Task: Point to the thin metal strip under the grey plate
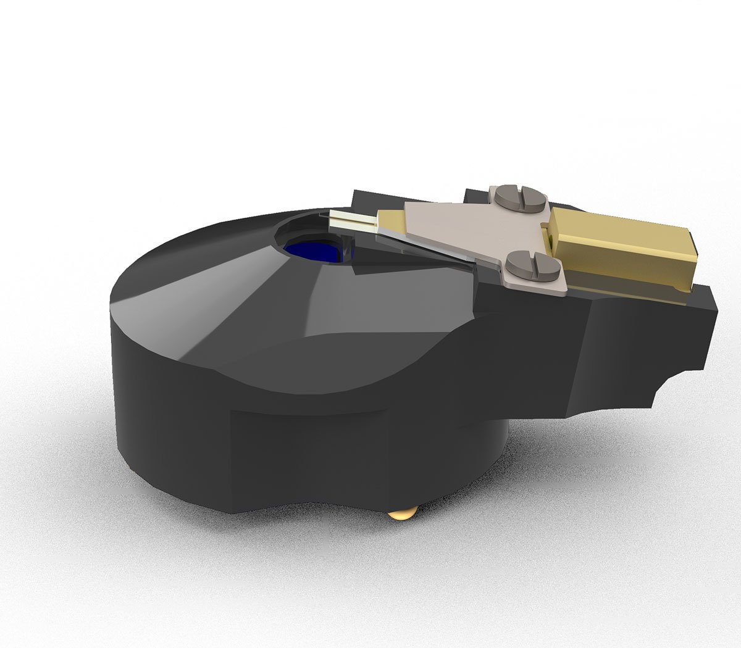pos(426,250)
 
